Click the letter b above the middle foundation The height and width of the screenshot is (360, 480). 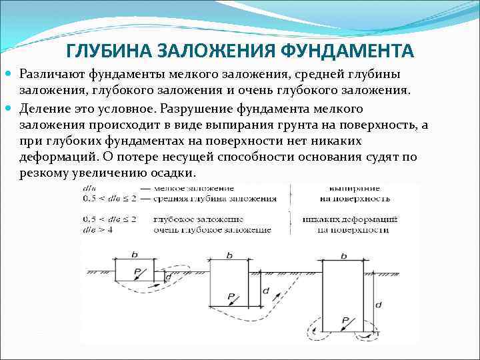coord(229,255)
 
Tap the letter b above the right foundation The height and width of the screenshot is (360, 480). coord(343,255)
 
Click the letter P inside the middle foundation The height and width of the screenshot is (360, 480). coord(230,296)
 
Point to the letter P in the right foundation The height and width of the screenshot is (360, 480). coord(345,321)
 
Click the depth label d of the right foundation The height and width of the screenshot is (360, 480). coord(379,304)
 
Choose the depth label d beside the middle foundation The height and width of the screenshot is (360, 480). coord(265,291)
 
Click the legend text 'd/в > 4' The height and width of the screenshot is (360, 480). coord(95,230)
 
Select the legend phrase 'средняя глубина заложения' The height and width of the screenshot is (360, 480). coord(215,199)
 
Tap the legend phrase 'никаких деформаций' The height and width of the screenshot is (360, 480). coord(349,219)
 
